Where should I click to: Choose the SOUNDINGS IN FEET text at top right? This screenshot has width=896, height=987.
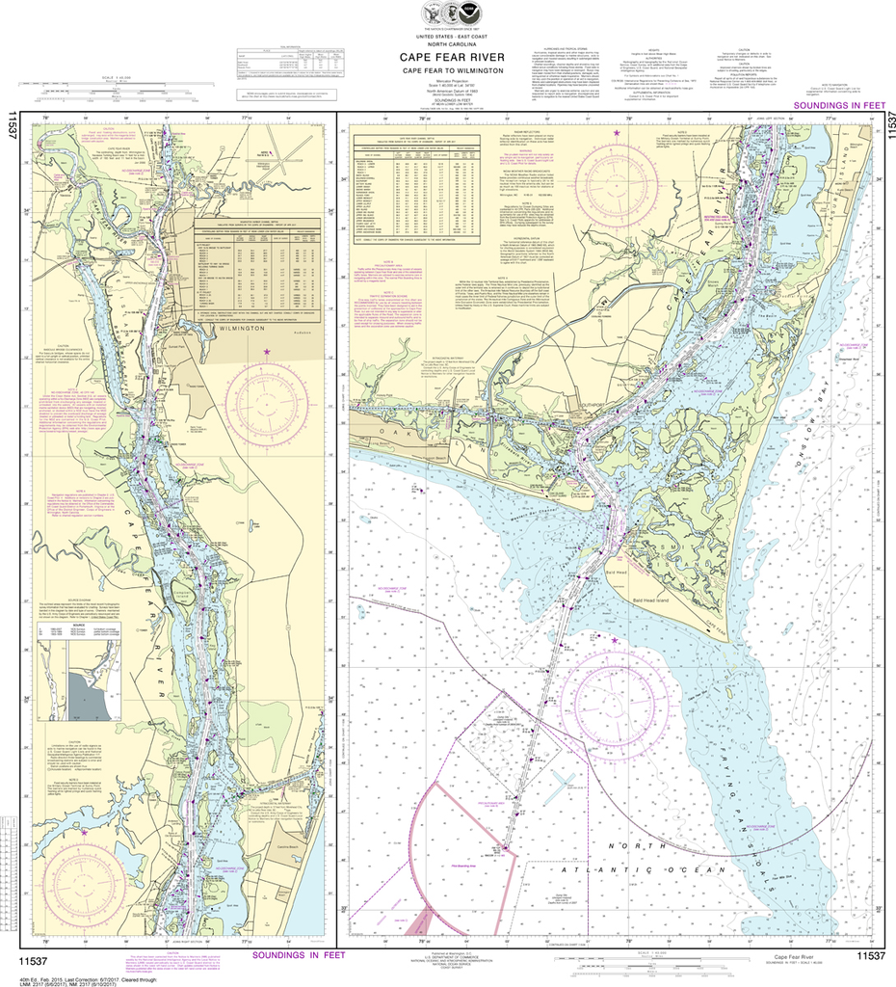(x=833, y=104)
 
